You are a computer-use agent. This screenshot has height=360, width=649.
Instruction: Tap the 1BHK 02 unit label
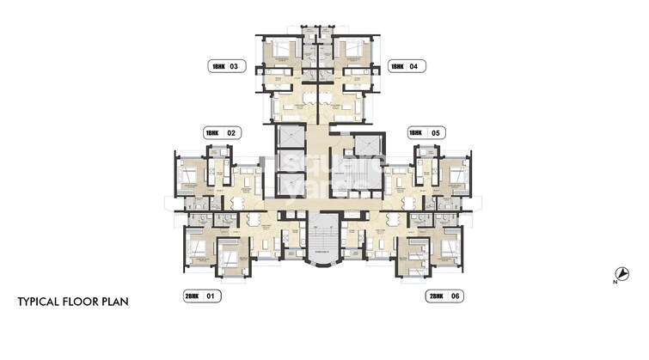(x=220, y=133)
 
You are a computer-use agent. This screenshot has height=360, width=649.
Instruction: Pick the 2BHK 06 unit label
(x=444, y=296)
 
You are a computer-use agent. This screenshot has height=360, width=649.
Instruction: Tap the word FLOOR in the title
(x=87, y=302)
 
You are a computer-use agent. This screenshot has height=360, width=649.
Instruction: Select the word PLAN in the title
(x=120, y=302)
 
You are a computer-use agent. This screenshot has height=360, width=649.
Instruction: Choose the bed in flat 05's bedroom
(x=456, y=175)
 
